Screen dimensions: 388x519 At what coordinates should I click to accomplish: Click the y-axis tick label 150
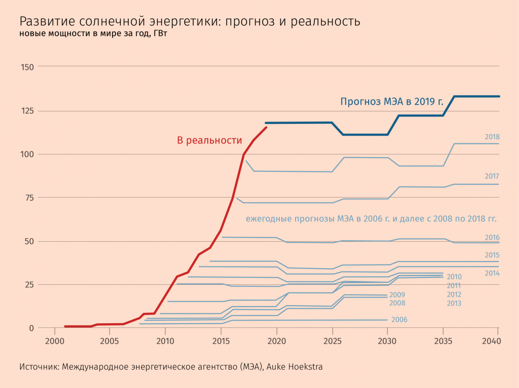coord(27,67)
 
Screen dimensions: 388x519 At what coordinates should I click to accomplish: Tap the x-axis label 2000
coord(55,341)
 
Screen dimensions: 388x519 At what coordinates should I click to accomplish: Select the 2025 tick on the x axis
coord(332,341)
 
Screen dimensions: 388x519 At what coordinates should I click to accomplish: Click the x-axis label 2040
coord(491,341)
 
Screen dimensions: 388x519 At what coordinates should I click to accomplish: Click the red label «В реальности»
coord(210,140)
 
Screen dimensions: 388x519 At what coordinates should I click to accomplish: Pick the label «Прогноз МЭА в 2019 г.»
coord(392,101)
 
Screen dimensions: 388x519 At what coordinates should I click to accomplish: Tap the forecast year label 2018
coord(492,137)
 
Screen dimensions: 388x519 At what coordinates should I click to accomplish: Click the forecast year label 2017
coord(492,176)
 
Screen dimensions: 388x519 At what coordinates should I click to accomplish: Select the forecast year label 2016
coord(492,237)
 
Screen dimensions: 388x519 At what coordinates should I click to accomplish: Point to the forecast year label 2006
coord(399,320)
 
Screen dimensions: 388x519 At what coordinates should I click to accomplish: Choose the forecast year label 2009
coord(397,295)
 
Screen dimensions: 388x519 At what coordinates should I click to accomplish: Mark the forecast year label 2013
coord(454,303)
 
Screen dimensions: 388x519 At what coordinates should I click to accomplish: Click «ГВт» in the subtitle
coord(160,34)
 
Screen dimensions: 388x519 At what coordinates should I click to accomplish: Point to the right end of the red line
coord(266,127)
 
